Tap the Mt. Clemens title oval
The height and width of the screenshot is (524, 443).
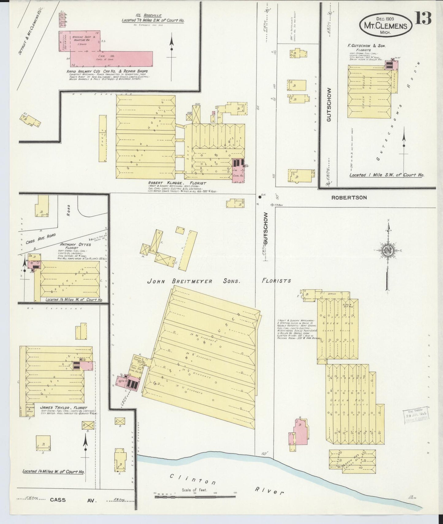point(386,26)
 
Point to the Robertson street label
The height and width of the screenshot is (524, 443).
point(349,198)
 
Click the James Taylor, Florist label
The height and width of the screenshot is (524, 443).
point(63,408)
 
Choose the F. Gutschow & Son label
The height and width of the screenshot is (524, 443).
point(366,46)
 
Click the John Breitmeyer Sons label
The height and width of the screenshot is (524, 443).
point(193,281)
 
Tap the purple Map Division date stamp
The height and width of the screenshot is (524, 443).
point(416,416)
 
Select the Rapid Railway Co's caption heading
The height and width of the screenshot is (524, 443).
point(107,71)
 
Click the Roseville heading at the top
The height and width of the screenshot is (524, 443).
point(153,15)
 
